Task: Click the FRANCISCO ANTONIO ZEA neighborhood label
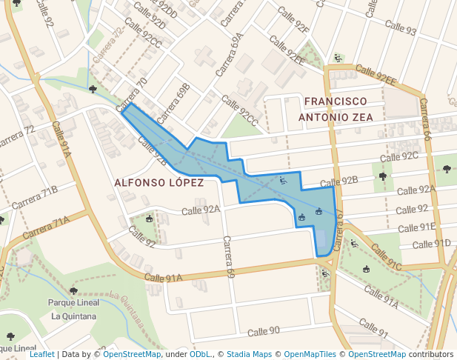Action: point(335,108)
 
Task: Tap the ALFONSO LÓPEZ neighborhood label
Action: point(159,182)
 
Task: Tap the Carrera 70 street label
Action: point(131,93)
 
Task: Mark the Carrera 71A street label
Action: point(45,227)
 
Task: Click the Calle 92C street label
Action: point(399,157)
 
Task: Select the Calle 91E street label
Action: point(416,227)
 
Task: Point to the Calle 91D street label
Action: point(431,244)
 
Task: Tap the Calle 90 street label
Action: point(264,330)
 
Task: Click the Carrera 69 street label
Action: point(229,257)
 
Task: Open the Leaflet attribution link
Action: point(41,354)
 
